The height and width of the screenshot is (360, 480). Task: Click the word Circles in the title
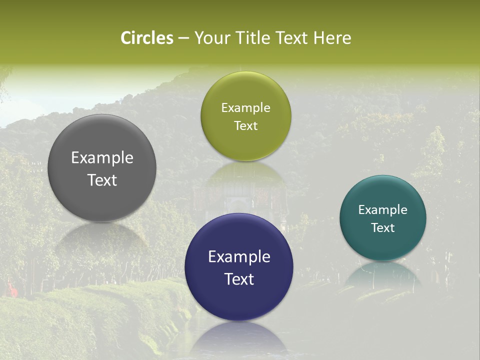(147, 38)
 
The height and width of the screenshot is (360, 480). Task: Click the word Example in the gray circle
(102, 157)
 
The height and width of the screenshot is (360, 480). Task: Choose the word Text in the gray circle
(102, 180)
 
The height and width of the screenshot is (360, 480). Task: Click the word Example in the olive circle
(245, 107)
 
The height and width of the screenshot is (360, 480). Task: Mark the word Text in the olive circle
(245, 125)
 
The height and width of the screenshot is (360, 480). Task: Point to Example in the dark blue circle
(239, 256)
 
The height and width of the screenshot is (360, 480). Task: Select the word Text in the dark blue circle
(239, 279)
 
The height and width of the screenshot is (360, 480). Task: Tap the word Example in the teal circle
(382, 209)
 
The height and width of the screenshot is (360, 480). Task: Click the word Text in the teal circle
(382, 227)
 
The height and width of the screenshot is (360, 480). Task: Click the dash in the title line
(183, 38)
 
